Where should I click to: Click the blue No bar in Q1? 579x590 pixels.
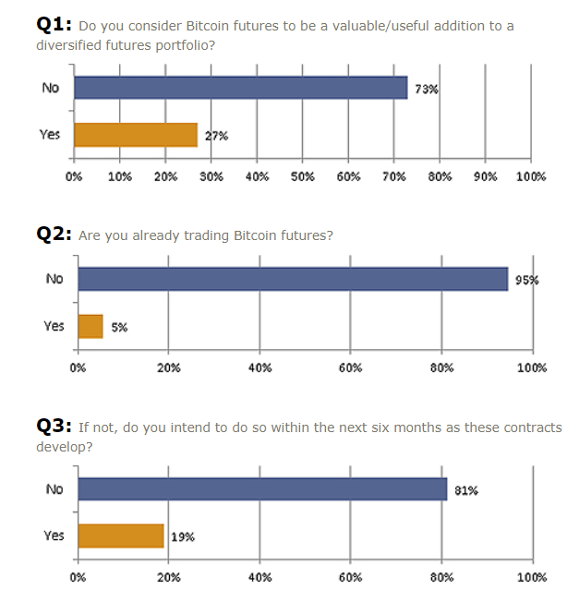[240, 88]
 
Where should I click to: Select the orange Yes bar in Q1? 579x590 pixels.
[136, 135]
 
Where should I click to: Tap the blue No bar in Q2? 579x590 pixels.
[293, 279]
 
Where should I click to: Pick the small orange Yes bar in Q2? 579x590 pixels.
[90, 326]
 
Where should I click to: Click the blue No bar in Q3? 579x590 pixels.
[262, 489]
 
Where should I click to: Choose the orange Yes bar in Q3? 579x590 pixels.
[121, 536]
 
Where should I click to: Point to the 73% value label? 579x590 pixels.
[426, 90]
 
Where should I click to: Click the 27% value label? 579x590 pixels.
[216, 137]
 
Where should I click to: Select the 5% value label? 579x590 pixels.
[117, 328]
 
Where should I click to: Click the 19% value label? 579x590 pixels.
[183, 537]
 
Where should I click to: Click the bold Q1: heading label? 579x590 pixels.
[54, 24]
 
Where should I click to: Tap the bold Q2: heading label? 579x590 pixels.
[54, 235]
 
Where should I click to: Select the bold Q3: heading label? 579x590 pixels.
[54, 426]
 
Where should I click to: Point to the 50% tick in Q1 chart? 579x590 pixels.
[303, 176]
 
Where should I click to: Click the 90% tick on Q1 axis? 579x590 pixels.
[486, 176]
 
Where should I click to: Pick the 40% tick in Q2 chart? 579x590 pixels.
[260, 367]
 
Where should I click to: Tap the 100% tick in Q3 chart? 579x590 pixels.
[532, 577]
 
